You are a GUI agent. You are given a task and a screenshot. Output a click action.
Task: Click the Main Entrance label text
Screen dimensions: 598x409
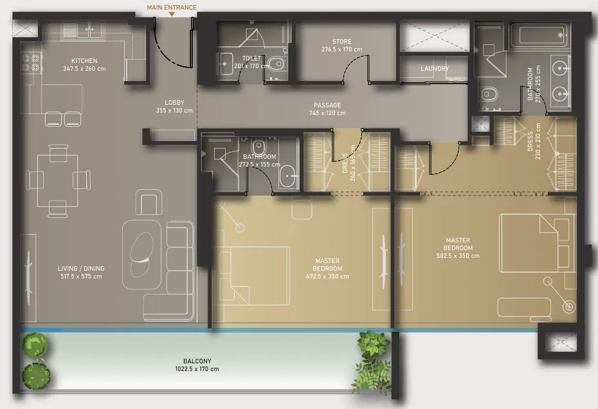(x=172, y=7)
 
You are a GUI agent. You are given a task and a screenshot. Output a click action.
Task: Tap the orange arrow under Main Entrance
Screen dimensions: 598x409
(x=172, y=15)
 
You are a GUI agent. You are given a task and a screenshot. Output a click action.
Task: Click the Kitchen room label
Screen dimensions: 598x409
(x=84, y=60)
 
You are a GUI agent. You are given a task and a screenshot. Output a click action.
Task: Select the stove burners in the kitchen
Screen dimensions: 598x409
(x=30, y=62)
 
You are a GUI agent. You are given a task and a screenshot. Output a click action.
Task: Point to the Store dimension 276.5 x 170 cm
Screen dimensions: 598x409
(x=341, y=50)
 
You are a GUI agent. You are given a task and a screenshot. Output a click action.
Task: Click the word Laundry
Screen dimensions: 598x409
(x=435, y=68)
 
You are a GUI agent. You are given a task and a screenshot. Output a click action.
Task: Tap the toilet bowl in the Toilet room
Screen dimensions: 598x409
(x=276, y=62)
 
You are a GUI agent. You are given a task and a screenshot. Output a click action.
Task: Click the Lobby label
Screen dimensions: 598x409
(x=174, y=103)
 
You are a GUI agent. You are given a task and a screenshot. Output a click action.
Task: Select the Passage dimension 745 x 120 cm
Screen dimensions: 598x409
(x=327, y=113)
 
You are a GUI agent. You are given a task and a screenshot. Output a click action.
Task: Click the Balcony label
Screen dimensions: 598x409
(x=197, y=361)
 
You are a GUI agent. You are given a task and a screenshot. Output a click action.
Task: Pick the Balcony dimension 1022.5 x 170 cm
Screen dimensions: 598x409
(x=197, y=369)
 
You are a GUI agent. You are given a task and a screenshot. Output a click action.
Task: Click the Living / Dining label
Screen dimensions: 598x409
(x=81, y=268)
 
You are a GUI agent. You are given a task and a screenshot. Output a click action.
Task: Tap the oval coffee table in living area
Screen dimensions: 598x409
(x=141, y=255)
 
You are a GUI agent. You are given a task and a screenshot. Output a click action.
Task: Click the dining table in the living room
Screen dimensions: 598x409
(x=58, y=180)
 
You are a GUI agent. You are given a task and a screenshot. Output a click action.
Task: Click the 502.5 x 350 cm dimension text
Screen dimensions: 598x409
(x=458, y=256)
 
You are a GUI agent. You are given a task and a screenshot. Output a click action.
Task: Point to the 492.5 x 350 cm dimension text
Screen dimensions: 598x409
(x=327, y=277)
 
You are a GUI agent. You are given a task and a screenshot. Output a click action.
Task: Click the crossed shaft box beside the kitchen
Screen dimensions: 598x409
(x=25, y=28)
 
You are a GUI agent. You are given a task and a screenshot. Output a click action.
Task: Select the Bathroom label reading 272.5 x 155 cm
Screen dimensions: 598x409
(x=260, y=160)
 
